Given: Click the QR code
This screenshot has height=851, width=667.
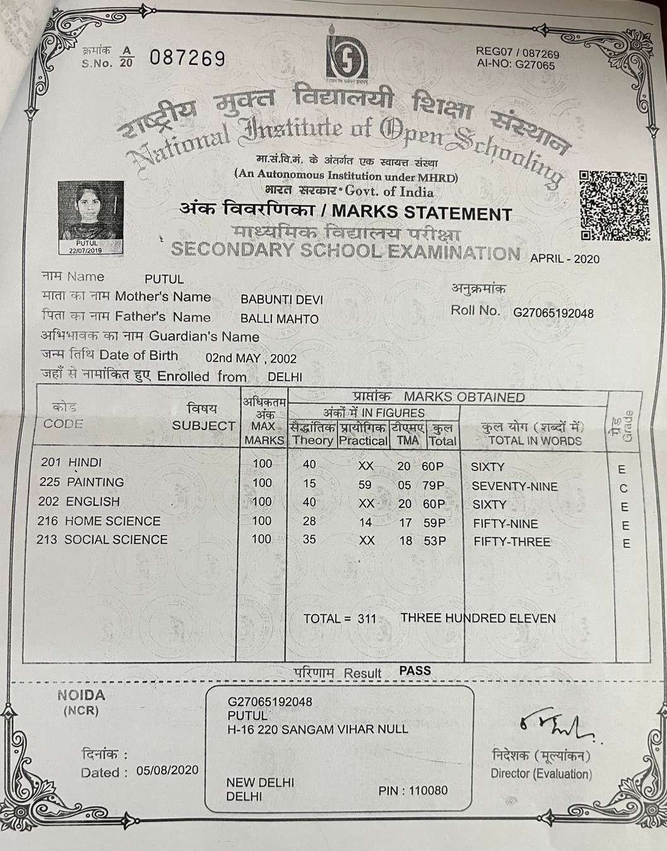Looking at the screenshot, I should (x=613, y=206).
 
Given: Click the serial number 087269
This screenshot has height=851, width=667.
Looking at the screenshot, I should (x=187, y=59).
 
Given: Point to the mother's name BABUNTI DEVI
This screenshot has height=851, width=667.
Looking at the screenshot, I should (x=281, y=300).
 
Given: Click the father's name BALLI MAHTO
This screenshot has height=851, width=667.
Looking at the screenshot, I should (x=280, y=319).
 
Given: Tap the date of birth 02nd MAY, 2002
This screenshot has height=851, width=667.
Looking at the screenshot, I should (x=251, y=358).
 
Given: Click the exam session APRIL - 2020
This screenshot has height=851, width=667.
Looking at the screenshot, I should (x=565, y=259).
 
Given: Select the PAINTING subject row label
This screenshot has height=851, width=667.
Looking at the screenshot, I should (x=95, y=482).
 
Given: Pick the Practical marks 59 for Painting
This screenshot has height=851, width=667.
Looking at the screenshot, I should (x=366, y=485).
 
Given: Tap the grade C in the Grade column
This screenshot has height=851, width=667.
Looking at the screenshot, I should (x=623, y=488).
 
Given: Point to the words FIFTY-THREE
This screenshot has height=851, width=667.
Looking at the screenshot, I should (x=512, y=542).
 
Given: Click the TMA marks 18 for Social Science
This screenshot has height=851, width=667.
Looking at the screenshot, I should (x=406, y=541).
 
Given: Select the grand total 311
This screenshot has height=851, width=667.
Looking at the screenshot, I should (x=366, y=619).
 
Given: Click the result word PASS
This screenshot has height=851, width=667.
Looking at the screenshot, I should (x=415, y=671).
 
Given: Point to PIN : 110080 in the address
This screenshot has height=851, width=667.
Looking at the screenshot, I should (x=413, y=790).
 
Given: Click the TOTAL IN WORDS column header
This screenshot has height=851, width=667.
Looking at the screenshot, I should (x=535, y=440).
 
